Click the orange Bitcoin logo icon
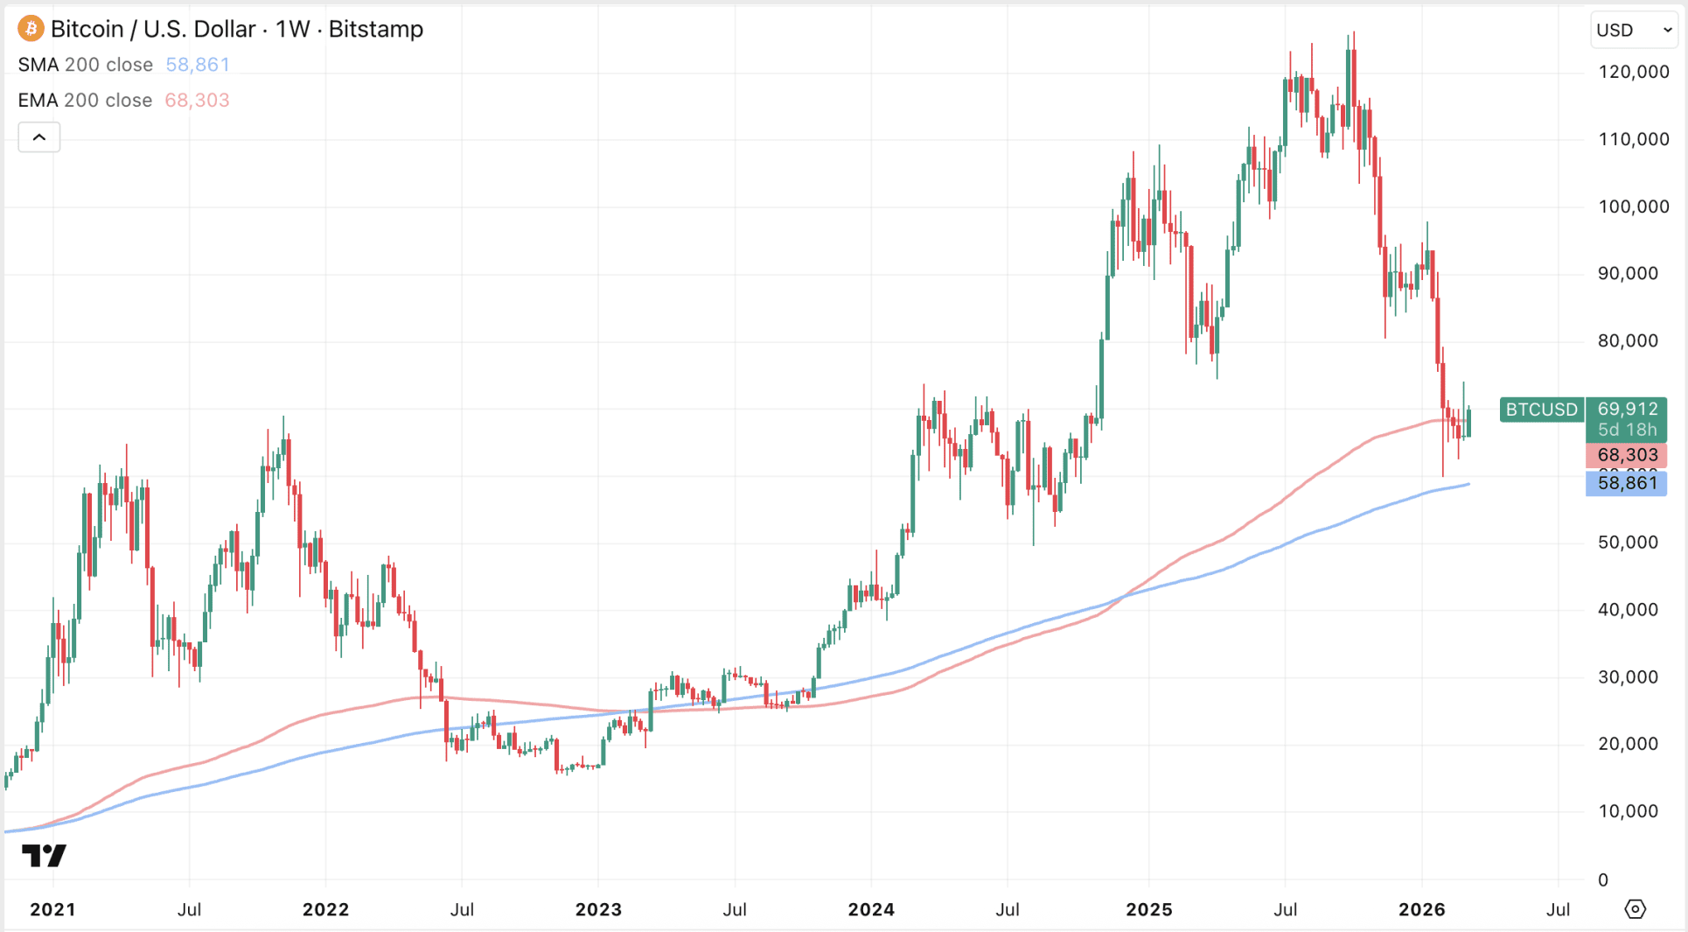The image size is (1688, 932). [x=31, y=29]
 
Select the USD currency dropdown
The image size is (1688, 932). [x=1633, y=30]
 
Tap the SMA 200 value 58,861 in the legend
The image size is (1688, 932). [x=198, y=65]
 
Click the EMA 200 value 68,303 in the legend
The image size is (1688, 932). [x=198, y=101]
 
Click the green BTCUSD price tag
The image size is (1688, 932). [x=1541, y=410]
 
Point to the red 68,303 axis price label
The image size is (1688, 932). [x=1627, y=455]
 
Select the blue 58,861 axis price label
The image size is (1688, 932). [x=1627, y=483]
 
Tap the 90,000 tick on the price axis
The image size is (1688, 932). [x=1628, y=274]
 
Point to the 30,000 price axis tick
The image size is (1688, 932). [x=1628, y=677]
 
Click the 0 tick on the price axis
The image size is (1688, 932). [x=1603, y=879]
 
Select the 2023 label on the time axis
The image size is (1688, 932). [x=598, y=909]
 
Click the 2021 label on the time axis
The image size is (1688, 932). [x=52, y=909]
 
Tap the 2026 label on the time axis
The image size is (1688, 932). [x=1421, y=909]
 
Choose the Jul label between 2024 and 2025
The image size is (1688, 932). [x=1008, y=909]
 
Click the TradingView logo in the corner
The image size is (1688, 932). [x=44, y=855]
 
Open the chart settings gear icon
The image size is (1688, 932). [x=1635, y=909]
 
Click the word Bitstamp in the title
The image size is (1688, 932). [x=376, y=29]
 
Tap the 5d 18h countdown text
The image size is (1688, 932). [x=1627, y=430]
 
